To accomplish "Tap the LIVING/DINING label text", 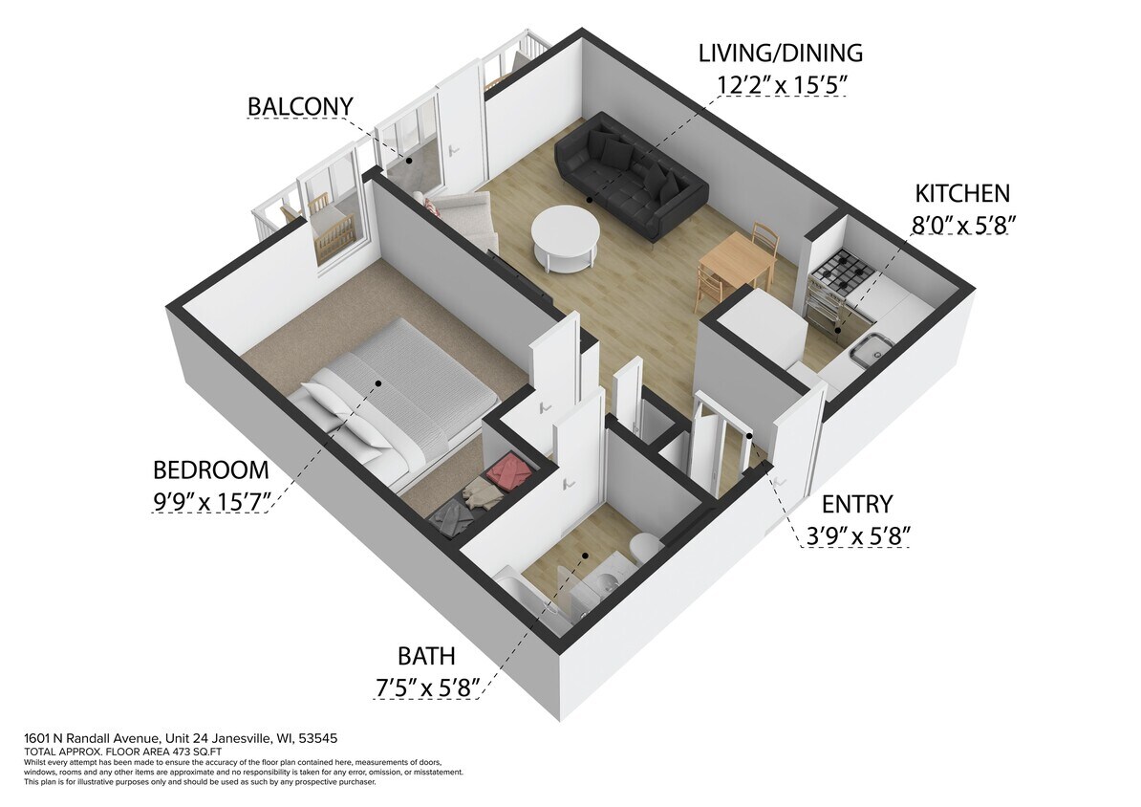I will [x=780, y=53].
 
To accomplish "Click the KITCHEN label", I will [x=961, y=193].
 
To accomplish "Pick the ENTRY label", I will [x=856, y=504].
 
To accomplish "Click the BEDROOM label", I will [x=210, y=470].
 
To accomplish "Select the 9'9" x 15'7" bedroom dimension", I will [x=212, y=501].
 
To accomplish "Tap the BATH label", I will [x=426, y=657].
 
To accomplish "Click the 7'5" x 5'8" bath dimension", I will [x=426, y=687].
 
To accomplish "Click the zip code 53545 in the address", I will [x=317, y=739].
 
